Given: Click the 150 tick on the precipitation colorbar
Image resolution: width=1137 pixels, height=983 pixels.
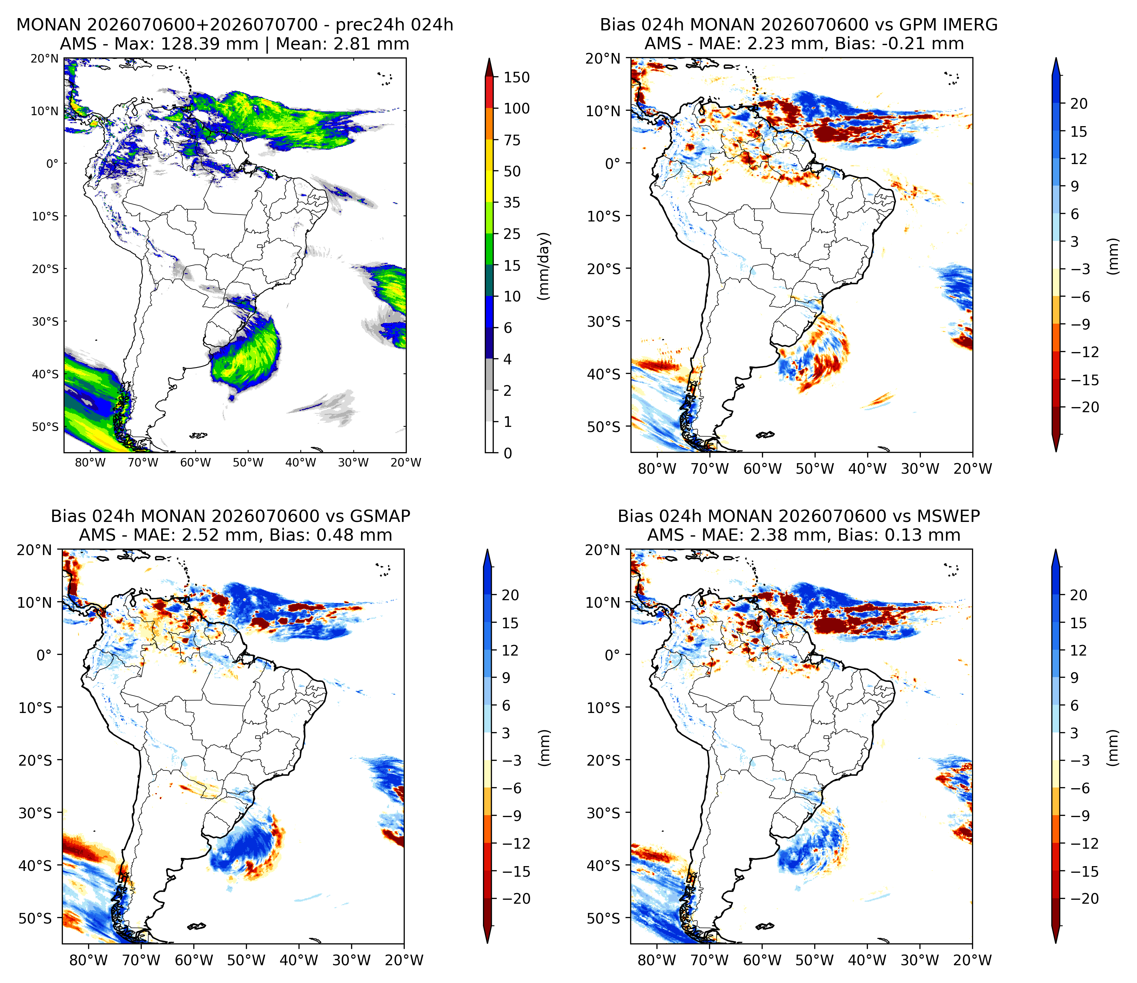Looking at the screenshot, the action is pos(516,78).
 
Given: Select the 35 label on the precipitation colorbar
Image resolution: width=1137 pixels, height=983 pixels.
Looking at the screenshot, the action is pos(512,203).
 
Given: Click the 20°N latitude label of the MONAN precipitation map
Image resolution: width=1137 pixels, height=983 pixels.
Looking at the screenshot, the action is pos(44,58).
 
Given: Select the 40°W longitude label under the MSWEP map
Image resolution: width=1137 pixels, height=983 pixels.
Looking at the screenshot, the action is pos(867,960).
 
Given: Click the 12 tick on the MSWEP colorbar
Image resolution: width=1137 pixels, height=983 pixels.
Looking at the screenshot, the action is pos(1078,650).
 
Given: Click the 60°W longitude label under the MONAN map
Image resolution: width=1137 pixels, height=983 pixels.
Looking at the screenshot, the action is pos(195,462).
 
